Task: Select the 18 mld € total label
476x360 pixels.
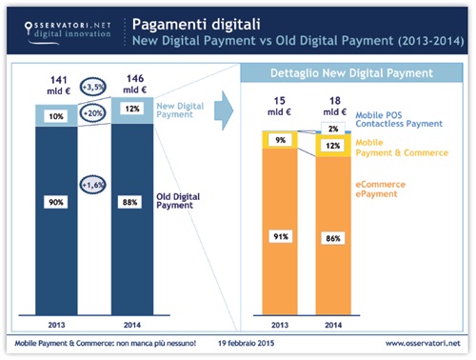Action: click(332, 106)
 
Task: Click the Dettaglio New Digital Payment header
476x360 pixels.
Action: click(350, 73)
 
